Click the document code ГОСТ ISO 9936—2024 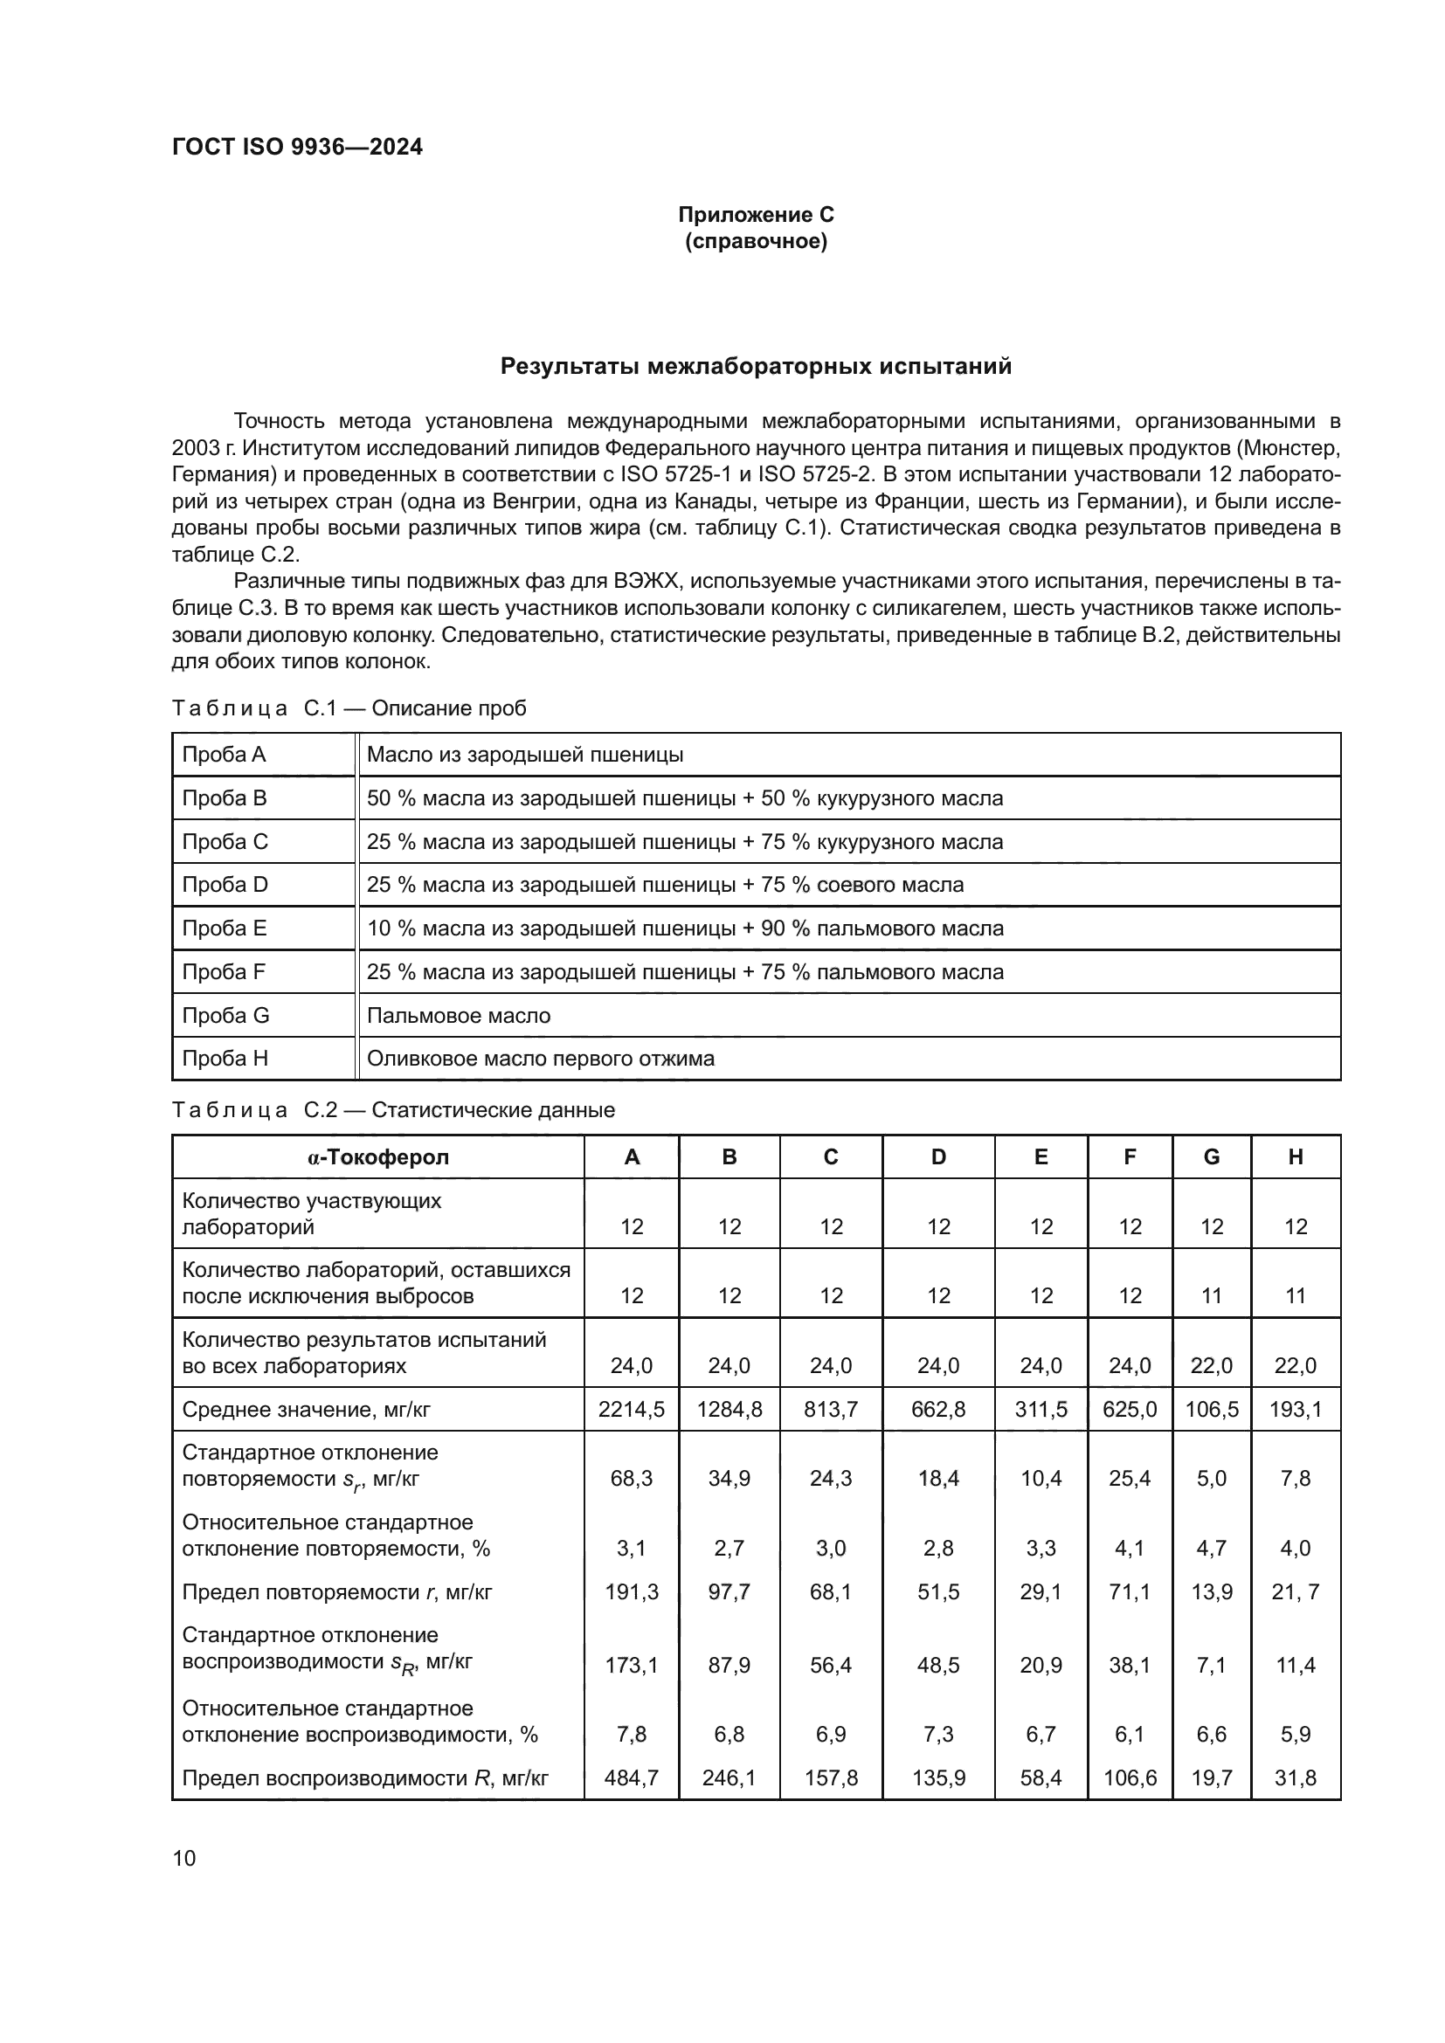click(297, 147)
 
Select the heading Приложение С click(756, 215)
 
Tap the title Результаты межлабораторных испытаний click(756, 367)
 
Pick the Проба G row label click(225, 1015)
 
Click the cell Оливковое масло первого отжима click(540, 1059)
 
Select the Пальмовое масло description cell click(459, 1015)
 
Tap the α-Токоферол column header click(378, 1156)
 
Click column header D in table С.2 click(937, 1156)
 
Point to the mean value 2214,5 click(631, 1410)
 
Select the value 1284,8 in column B click(729, 1410)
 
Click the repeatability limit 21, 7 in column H click(1295, 1592)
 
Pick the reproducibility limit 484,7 click(631, 1777)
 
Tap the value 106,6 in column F click(1129, 1777)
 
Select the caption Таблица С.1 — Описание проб click(349, 708)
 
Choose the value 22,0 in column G click(1211, 1366)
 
